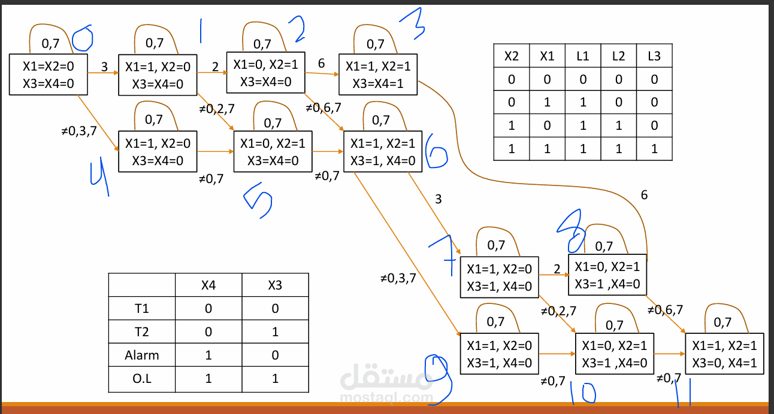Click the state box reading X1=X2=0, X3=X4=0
click(x=49, y=74)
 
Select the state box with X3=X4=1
click(x=378, y=74)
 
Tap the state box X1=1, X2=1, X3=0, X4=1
click(x=724, y=354)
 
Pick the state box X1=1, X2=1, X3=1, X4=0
click(x=383, y=152)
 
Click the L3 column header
click(x=654, y=56)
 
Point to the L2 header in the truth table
click(x=618, y=56)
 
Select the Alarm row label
click(x=142, y=355)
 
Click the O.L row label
click(x=142, y=378)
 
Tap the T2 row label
click(x=142, y=331)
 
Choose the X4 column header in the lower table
click(x=208, y=285)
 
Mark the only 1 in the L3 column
click(x=654, y=149)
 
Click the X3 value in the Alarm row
click(x=275, y=355)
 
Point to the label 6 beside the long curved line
click(x=644, y=195)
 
